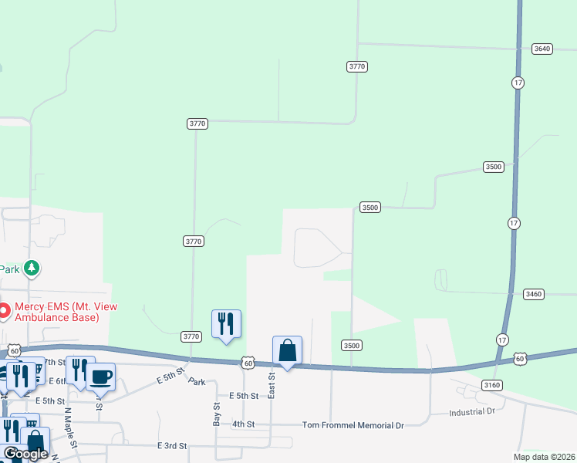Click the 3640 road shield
[542, 49]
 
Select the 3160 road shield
[491, 384]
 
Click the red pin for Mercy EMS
[4, 312]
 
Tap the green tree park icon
[32, 268]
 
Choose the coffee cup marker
[100, 377]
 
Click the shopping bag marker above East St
[287, 350]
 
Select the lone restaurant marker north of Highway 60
[226, 324]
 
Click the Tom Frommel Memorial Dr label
[353, 425]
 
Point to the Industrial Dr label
[471, 412]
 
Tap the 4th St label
[243, 424]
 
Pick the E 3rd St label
[172, 446]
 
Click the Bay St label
[217, 414]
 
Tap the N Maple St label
[69, 429]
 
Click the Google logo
[25, 454]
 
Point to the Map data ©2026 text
[543, 457]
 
